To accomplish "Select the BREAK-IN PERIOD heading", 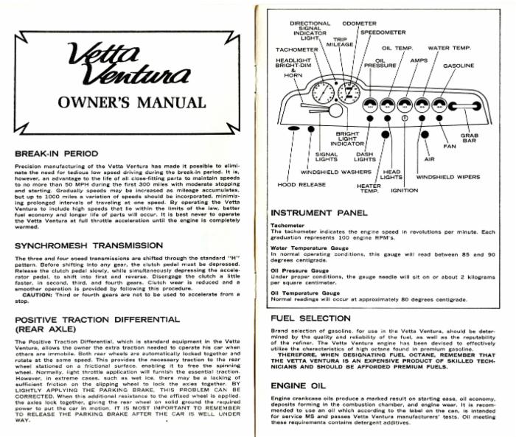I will (67, 153).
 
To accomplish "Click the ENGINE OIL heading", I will (296, 385).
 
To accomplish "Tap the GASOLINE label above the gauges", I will (458, 66).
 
